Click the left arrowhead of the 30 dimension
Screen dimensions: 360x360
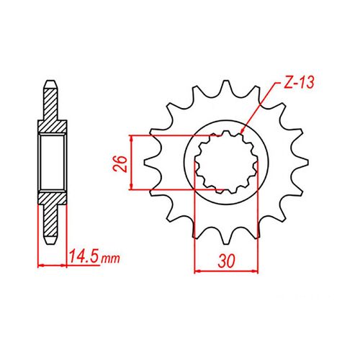point(199,271)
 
